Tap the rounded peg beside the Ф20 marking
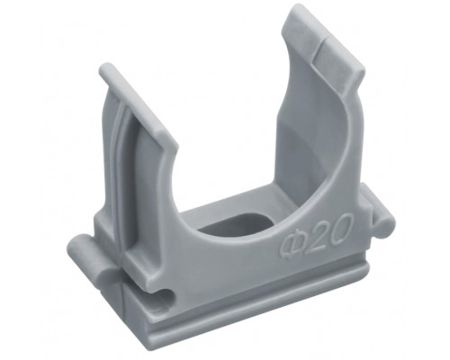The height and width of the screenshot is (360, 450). pos(379,210)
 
